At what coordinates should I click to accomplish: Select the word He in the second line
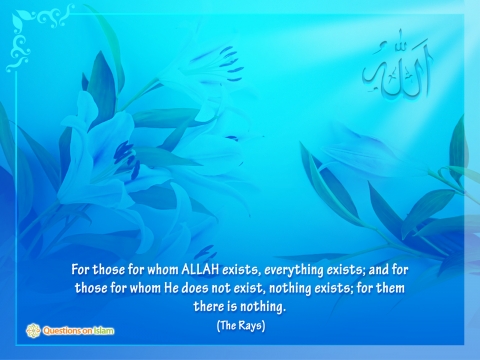click(171, 288)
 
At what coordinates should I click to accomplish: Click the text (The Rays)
click(241, 325)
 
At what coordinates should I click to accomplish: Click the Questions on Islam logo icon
click(33, 331)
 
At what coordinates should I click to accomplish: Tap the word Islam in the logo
click(103, 331)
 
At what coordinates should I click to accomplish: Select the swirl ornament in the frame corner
click(37, 37)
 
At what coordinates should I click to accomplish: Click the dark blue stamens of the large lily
click(128, 158)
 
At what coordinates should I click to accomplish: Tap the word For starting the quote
click(80, 269)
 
